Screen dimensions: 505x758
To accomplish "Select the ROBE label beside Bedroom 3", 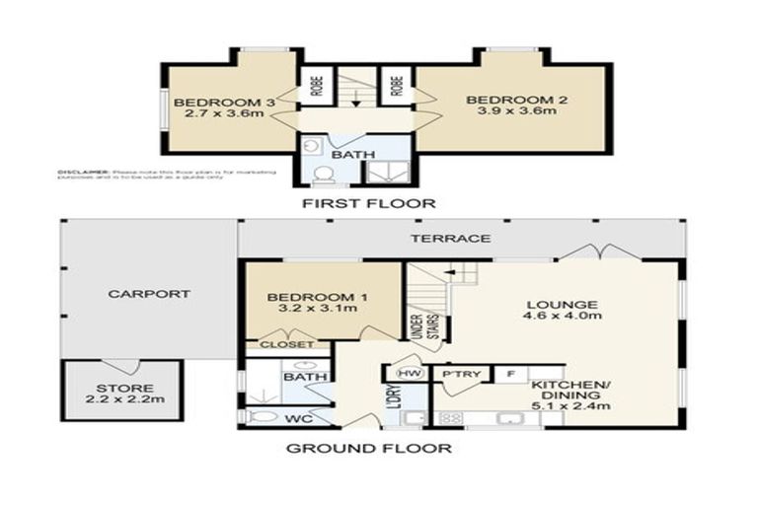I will pos(314,86).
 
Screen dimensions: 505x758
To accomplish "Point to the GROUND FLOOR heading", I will pos(369,449).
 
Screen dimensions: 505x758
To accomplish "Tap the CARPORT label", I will pos(148,294).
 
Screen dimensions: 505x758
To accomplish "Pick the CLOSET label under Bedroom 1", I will pos(287,345).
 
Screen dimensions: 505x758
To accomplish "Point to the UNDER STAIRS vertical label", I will pos(417,325).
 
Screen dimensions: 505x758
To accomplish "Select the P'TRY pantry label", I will pos(462,375).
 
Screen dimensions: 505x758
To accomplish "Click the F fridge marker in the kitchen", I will pos(510,375).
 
